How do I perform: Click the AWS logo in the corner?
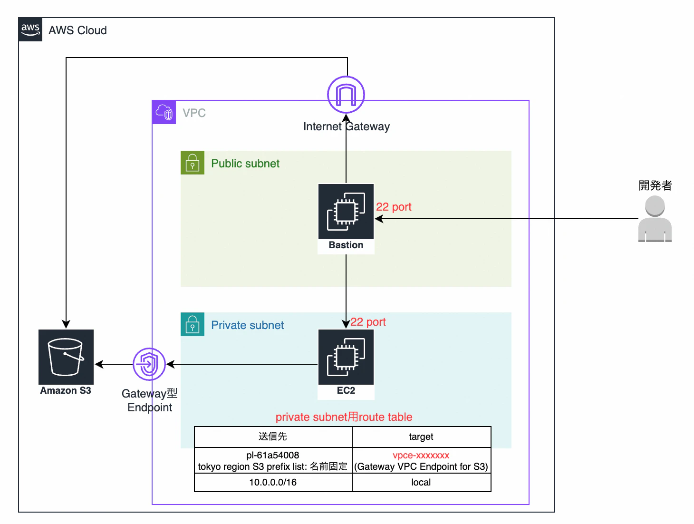click(30, 29)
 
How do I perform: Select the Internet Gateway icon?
click(346, 95)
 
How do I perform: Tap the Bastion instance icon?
click(346, 212)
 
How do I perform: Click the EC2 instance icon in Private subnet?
click(346, 357)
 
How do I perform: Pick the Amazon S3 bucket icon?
click(66, 357)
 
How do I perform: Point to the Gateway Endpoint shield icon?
click(149, 364)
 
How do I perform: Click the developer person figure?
click(655, 219)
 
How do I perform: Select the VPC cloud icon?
click(164, 113)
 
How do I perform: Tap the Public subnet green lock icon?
click(193, 163)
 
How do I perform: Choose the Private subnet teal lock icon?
click(193, 324)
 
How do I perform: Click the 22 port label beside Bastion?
click(394, 207)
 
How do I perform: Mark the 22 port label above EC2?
click(368, 322)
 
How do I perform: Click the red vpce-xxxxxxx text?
click(421, 455)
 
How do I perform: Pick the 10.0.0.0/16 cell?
click(273, 482)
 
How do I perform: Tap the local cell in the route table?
click(421, 482)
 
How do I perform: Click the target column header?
click(421, 437)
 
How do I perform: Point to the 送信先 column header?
click(273, 437)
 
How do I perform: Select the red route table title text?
click(344, 417)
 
